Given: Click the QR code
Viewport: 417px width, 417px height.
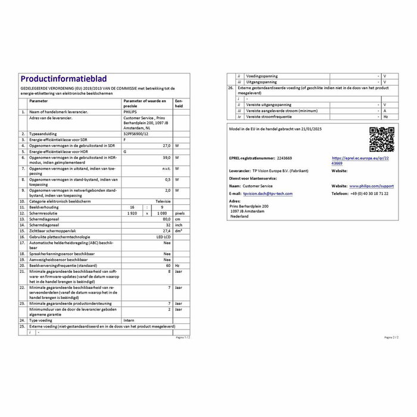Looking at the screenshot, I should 381,139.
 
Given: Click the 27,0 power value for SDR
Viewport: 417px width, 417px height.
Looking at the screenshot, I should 167,145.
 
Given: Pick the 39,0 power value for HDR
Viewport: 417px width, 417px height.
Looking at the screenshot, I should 167,157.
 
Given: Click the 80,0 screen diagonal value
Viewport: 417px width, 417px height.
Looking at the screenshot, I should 167,219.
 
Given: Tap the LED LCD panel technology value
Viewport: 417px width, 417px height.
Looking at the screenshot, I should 162,236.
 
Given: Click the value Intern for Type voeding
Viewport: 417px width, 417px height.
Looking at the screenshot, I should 129,320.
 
